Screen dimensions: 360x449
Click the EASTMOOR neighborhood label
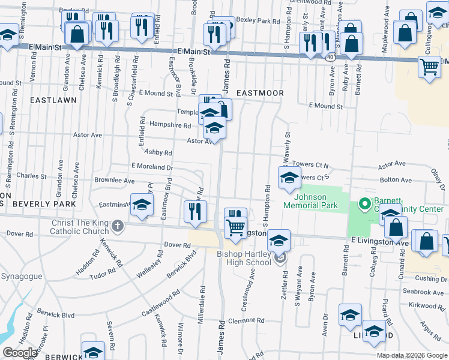pos(259,93)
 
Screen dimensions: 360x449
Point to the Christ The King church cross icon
pos(118,226)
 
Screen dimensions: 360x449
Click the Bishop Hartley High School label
pos(244,258)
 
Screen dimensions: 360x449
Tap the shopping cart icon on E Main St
pos(429,68)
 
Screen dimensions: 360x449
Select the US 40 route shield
pos(331,56)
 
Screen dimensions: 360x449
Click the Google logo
pos(19,353)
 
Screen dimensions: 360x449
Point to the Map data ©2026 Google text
pos(411,355)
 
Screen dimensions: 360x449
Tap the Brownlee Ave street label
pos(113,180)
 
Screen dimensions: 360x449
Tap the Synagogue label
pos(21,277)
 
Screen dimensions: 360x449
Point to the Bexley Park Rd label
pos(259,21)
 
